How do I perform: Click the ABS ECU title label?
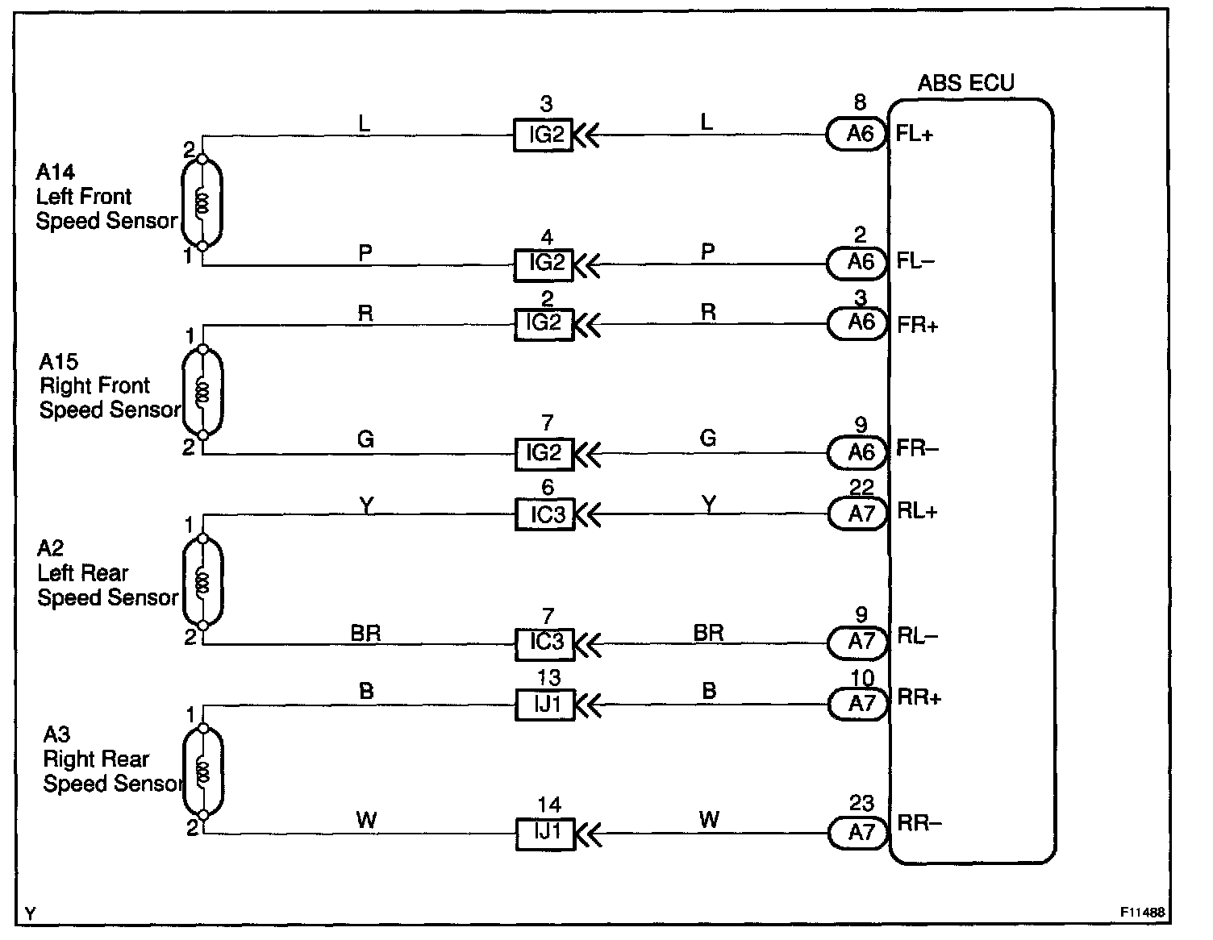pyautogui.click(x=965, y=82)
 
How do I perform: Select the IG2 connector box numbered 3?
pyautogui.click(x=544, y=135)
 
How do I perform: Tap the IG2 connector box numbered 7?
pyautogui.click(x=544, y=453)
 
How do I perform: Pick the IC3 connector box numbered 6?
pyautogui.click(x=545, y=514)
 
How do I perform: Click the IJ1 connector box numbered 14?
pyautogui.click(x=545, y=832)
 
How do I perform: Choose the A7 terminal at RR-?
pyautogui.click(x=861, y=832)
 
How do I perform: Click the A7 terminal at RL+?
pyautogui.click(x=861, y=514)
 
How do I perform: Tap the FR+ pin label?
pyautogui.click(x=917, y=325)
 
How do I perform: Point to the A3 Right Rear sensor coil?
pyautogui.click(x=202, y=772)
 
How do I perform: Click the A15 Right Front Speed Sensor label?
pyautogui.click(x=109, y=386)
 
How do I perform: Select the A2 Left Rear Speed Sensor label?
pyautogui.click(x=106, y=573)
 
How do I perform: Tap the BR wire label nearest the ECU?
pyautogui.click(x=708, y=633)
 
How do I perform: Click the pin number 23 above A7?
pyautogui.click(x=861, y=804)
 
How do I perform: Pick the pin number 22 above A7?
pyautogui.click(x=861, y=488)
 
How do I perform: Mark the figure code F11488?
pyautogui.click(x=1140, y=913)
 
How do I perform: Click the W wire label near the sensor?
pyautogui.click(x=366, y=821)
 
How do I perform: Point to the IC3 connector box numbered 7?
pyautogui.click(x=545, y=643)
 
